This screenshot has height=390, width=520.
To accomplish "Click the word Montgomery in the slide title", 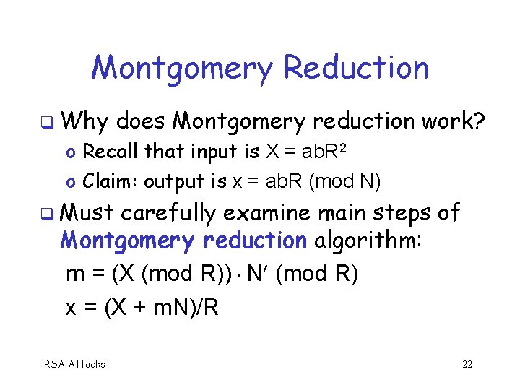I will [182, 69].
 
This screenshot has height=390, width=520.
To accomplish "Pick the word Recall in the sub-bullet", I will [111, 152].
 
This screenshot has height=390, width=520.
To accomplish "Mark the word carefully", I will [169, 214].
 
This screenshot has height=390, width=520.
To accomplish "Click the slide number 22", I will [467, 364].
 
